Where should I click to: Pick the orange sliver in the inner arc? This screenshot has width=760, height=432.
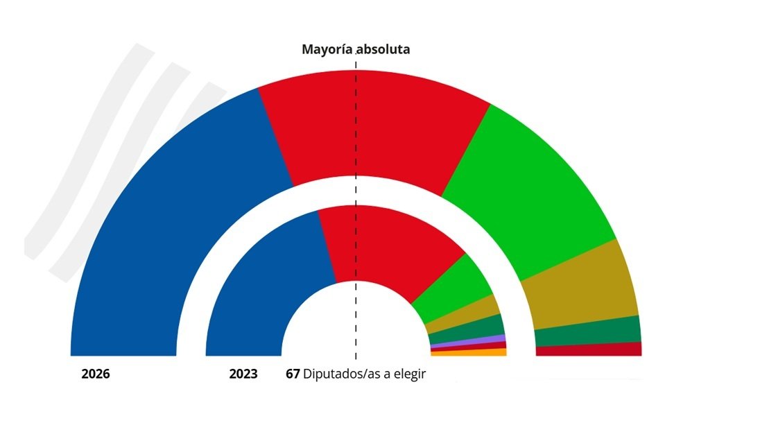pyautogui.click(x=469, y=352)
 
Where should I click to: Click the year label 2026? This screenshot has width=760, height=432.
pyautogui.click(x=96, y=374)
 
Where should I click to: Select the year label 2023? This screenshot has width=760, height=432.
pyautogui.click(x=243, y=374)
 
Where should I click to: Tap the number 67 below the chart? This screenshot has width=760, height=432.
pyautogui.click(x=293, y=374)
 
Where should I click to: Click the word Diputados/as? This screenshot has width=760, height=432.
pyautogui.click(x=339, y=374)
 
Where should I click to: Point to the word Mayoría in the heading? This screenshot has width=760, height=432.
pyautogui.click(x=327, y=50)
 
